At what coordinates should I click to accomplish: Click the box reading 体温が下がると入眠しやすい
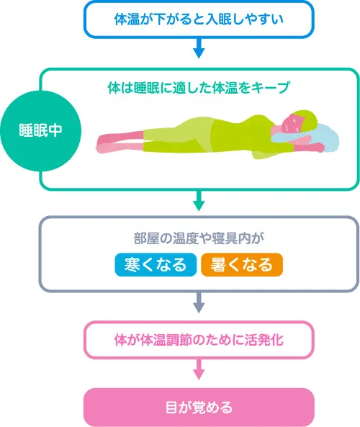click(x=199, y=19)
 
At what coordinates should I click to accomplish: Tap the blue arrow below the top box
click(x=199, y=48)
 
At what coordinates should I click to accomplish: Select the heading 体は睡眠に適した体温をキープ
click(x=199, y=88)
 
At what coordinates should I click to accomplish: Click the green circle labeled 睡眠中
click(x=41, y=131)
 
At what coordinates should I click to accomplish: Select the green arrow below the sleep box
click(x=199, y=200)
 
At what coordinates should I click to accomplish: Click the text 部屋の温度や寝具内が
click(x=199, y=238)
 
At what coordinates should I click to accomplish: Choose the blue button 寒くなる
click(x=156, y=265)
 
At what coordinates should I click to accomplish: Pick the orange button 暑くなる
click(x=242, y=265)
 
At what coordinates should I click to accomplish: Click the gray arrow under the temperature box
click(x=199, y=302)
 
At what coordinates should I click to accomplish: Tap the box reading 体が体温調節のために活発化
click(x=199, y=340)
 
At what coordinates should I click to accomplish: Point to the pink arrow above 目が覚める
click(x=199, y=369)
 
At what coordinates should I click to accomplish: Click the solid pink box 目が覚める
click(x=199, y=408)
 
